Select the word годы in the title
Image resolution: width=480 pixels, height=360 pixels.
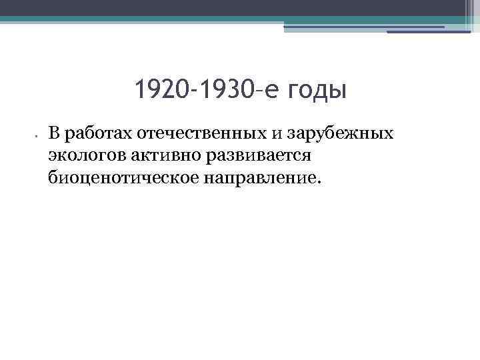pos(318,90)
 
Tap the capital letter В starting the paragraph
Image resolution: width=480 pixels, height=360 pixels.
pos(54,133)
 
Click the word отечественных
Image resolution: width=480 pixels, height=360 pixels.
pos(201,133)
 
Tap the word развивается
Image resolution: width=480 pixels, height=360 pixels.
pos(246,156)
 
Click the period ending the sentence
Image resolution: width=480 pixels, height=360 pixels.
pos(319,182)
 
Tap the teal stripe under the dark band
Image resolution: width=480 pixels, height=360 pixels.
pos(200,19)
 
